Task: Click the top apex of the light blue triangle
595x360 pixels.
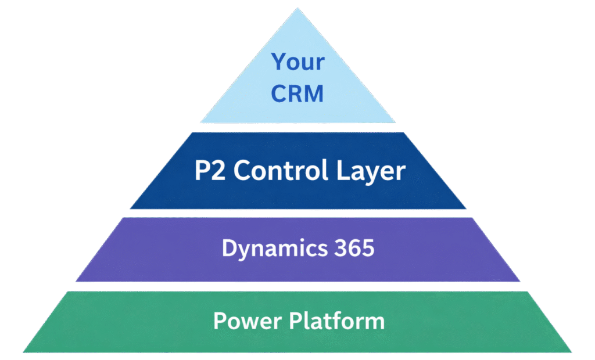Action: [297, 8]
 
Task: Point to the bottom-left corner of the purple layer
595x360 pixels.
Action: [76, 282]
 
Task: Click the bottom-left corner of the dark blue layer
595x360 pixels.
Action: [130, 208]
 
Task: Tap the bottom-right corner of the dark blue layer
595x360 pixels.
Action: [466, 208]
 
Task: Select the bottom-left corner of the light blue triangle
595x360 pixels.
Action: [200, 123]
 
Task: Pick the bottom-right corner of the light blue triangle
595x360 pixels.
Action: [396, 123]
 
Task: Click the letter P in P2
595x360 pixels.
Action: [199, 171]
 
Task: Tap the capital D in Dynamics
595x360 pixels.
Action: [228, 249]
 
